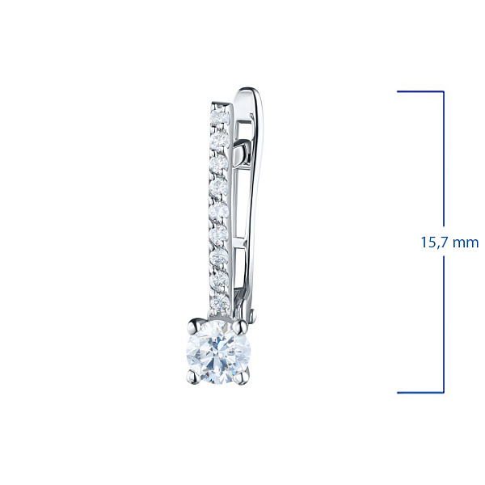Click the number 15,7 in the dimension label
click(x=433, y=242)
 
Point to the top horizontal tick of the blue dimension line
click(x=420, y=91)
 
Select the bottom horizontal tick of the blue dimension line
click(x=420, y=393)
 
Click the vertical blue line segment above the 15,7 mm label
click(x=444, y=158)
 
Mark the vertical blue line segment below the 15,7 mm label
click(x=444, y=324)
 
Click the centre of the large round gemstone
click(x=219, y=352)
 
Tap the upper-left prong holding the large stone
click(x=196, y=326)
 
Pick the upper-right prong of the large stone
click(x=240, y=327)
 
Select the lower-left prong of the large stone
click(x=194, y=377)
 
